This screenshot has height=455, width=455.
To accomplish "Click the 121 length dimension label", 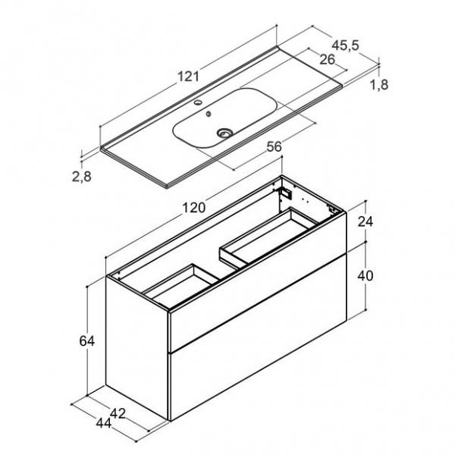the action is click(x=188, y=77).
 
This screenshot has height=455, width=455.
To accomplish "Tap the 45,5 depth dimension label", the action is click(x=345, y=45).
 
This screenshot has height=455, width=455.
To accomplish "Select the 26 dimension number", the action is click(x=327, y=59).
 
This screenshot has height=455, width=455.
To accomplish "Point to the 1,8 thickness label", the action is click(x=379, y=85).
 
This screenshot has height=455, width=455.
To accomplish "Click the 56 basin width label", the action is click(x=275, y=146).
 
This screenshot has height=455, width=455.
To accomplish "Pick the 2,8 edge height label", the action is click(x=82, y=177).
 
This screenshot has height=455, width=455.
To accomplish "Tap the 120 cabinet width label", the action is click(x=194, y=208).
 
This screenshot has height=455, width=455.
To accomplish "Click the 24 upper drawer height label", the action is click(x=366, y=221).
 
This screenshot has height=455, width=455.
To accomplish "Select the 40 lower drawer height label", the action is click(x=366, y=276).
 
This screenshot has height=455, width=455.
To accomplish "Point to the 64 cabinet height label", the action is click(x=86, y=341).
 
